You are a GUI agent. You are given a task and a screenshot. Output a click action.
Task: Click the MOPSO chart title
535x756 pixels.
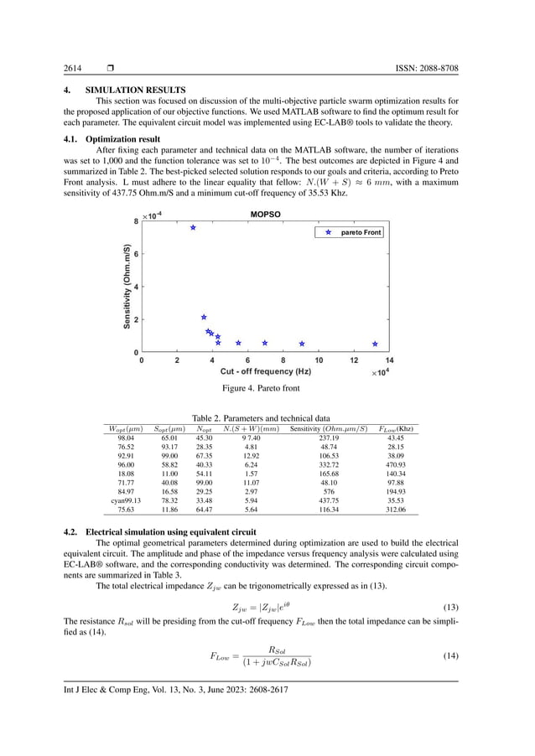(266, 215)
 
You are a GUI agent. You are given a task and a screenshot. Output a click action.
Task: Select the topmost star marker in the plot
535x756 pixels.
(193, 228)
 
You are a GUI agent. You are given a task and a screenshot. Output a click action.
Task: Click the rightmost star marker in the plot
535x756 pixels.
(375, 344)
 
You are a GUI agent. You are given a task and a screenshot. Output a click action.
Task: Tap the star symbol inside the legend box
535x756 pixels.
(328, 232)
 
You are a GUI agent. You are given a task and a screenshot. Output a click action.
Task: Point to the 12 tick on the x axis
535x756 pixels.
(354, 360)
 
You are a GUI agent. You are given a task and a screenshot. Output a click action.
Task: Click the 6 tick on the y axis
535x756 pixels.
(135, 254)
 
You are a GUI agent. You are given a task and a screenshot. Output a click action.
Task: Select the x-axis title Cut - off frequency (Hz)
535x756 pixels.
(266, 370)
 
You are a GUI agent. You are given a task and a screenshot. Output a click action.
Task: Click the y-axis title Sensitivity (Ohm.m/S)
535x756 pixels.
(127, 287)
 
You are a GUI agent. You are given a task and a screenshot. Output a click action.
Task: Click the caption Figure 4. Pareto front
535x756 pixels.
(267, 389)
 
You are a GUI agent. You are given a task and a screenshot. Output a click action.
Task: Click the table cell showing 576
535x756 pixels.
(316, 492)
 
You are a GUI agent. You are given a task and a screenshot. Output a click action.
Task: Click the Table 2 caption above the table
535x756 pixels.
(267, 418)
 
